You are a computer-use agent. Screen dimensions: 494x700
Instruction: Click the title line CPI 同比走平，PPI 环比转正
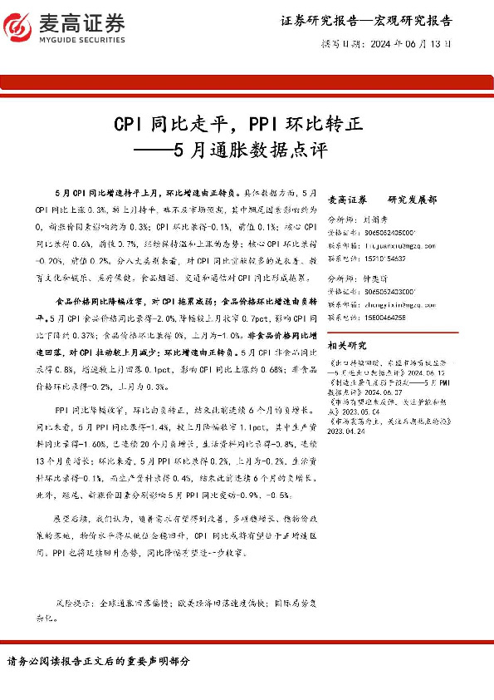click(x=238, y=126)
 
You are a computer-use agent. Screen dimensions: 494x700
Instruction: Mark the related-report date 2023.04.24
click(x=348, y=431)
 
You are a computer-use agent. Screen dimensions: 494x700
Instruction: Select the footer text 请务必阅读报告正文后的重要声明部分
click(x=100, y=661)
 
